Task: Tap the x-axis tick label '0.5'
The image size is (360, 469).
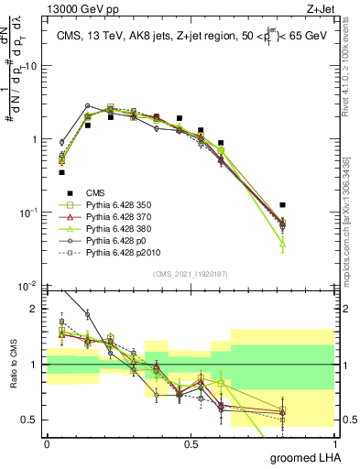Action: pyautogui.click(x=190, y=442)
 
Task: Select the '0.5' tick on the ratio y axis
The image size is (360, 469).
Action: pyautogui.click(x=30, y=420)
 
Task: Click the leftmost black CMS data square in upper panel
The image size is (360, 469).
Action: pyautogui.click(x=61, y=172)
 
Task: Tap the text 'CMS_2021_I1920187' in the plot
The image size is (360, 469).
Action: pyautogui.click(x=190, y=274)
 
